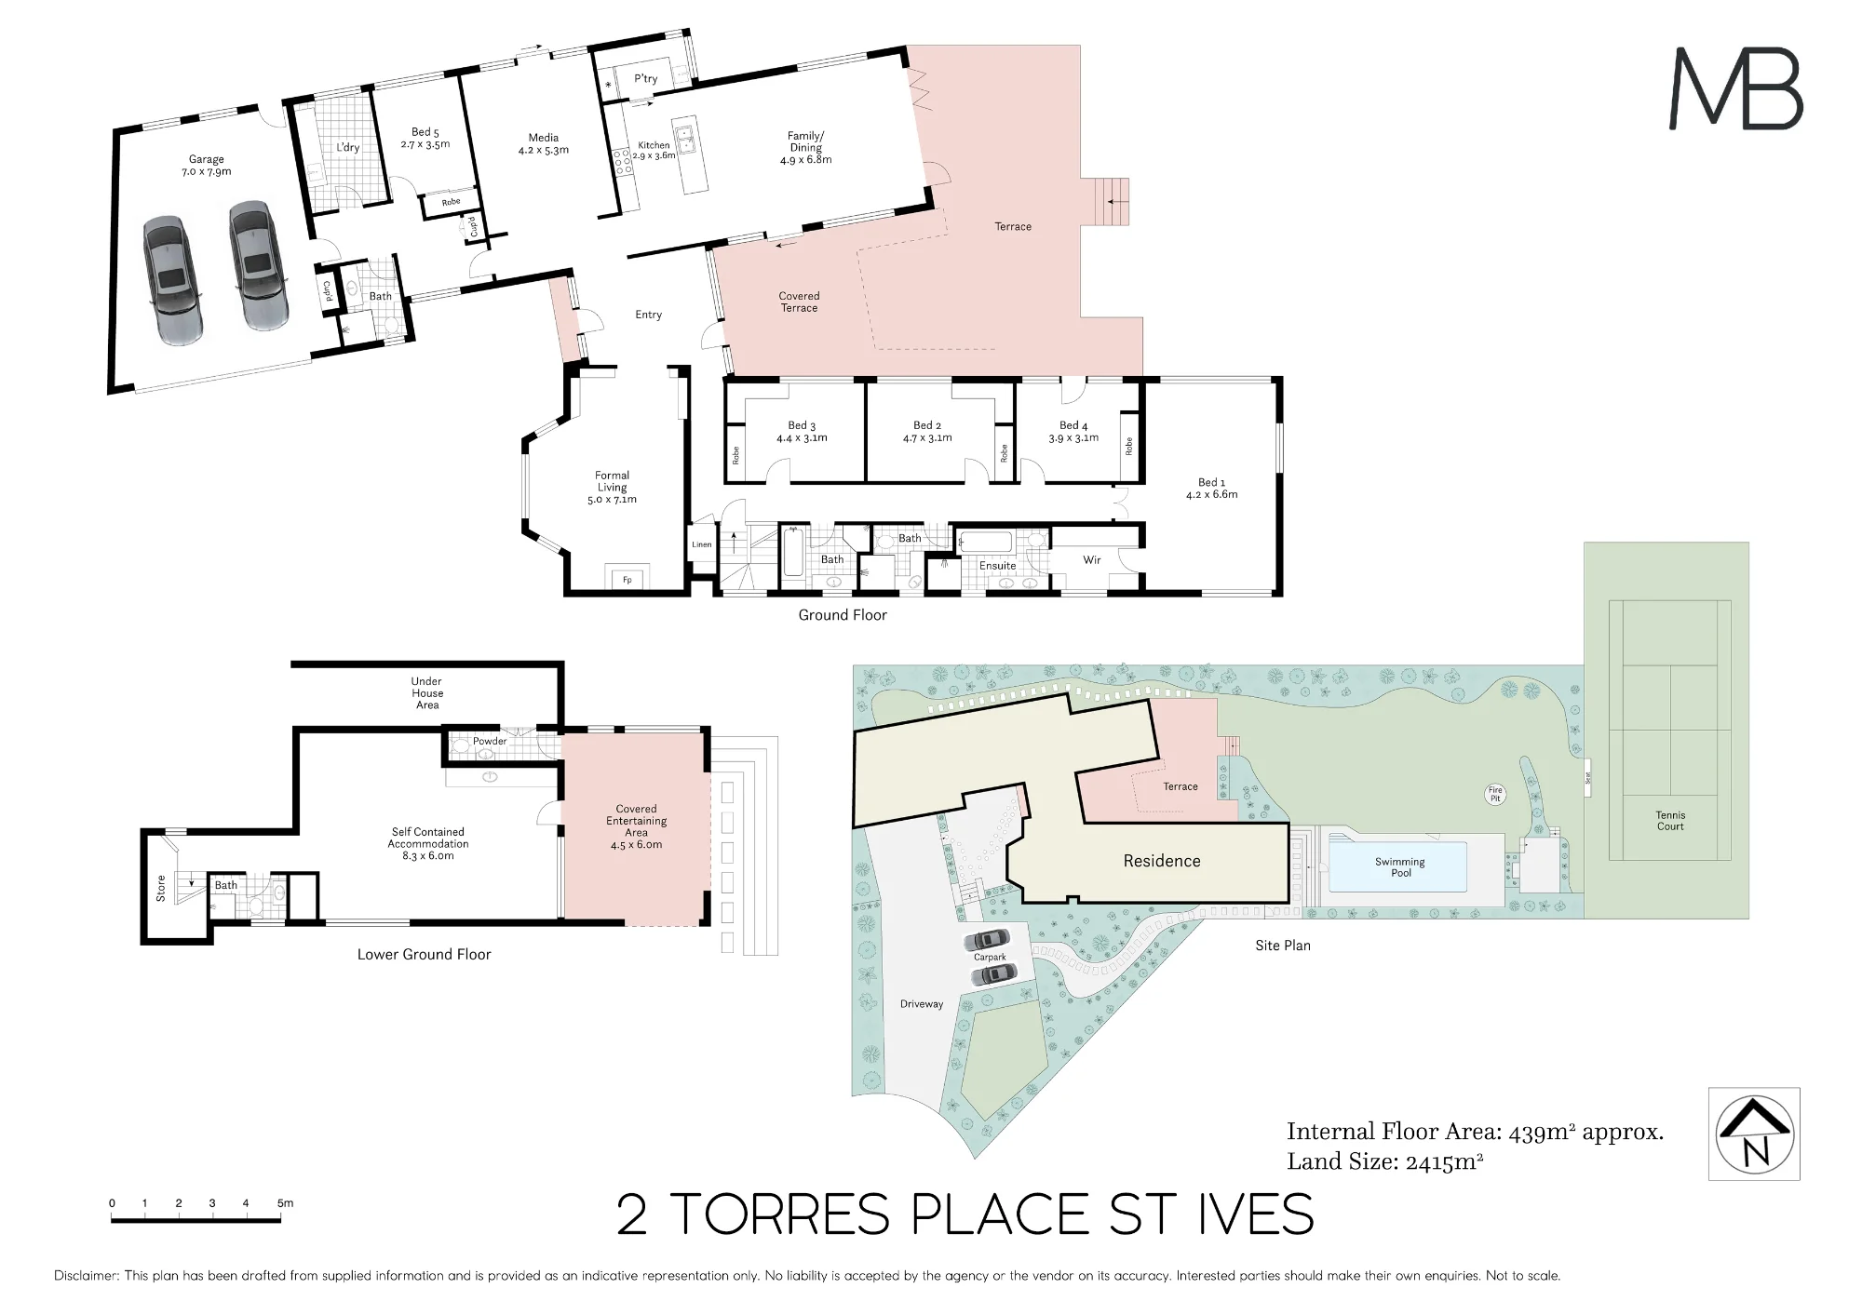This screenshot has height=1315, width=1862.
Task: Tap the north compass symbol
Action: click(x=1755, y=1134)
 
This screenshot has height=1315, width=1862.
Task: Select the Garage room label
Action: click(x=207, y=166)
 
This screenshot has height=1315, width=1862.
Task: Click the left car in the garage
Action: click(x=172, y=281)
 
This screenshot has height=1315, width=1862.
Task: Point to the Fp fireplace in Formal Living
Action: click(x=627, y=580)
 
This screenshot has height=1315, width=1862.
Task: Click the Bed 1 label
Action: click(x=1211, y=489)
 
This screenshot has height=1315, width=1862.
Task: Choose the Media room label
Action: click(x=544, y=143)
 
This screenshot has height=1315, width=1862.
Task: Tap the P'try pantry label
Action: click(x=646, y=79)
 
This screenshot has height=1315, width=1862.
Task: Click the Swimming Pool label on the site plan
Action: click(x=1400, y=867)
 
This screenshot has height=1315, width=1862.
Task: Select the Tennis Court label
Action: click(x=1670, y=821)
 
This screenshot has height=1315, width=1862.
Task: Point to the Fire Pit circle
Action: click(x=1495, y=795)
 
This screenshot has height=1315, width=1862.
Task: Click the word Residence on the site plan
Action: click(x=1162, y=861)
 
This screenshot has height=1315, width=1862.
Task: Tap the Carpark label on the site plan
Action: click(x=990, y=957)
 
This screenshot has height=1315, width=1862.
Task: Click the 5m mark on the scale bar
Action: click(x=284, y=1203)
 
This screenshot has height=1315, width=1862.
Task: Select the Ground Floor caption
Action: click(x=843, y=615)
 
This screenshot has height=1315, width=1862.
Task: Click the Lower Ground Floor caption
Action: click(x=424, y=954)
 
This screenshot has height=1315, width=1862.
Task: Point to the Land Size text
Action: click(x=1385, y=1161)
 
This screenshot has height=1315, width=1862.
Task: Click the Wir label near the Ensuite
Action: click(x=1092, y=560)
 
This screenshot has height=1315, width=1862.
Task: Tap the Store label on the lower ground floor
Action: click(x=161, y=888)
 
